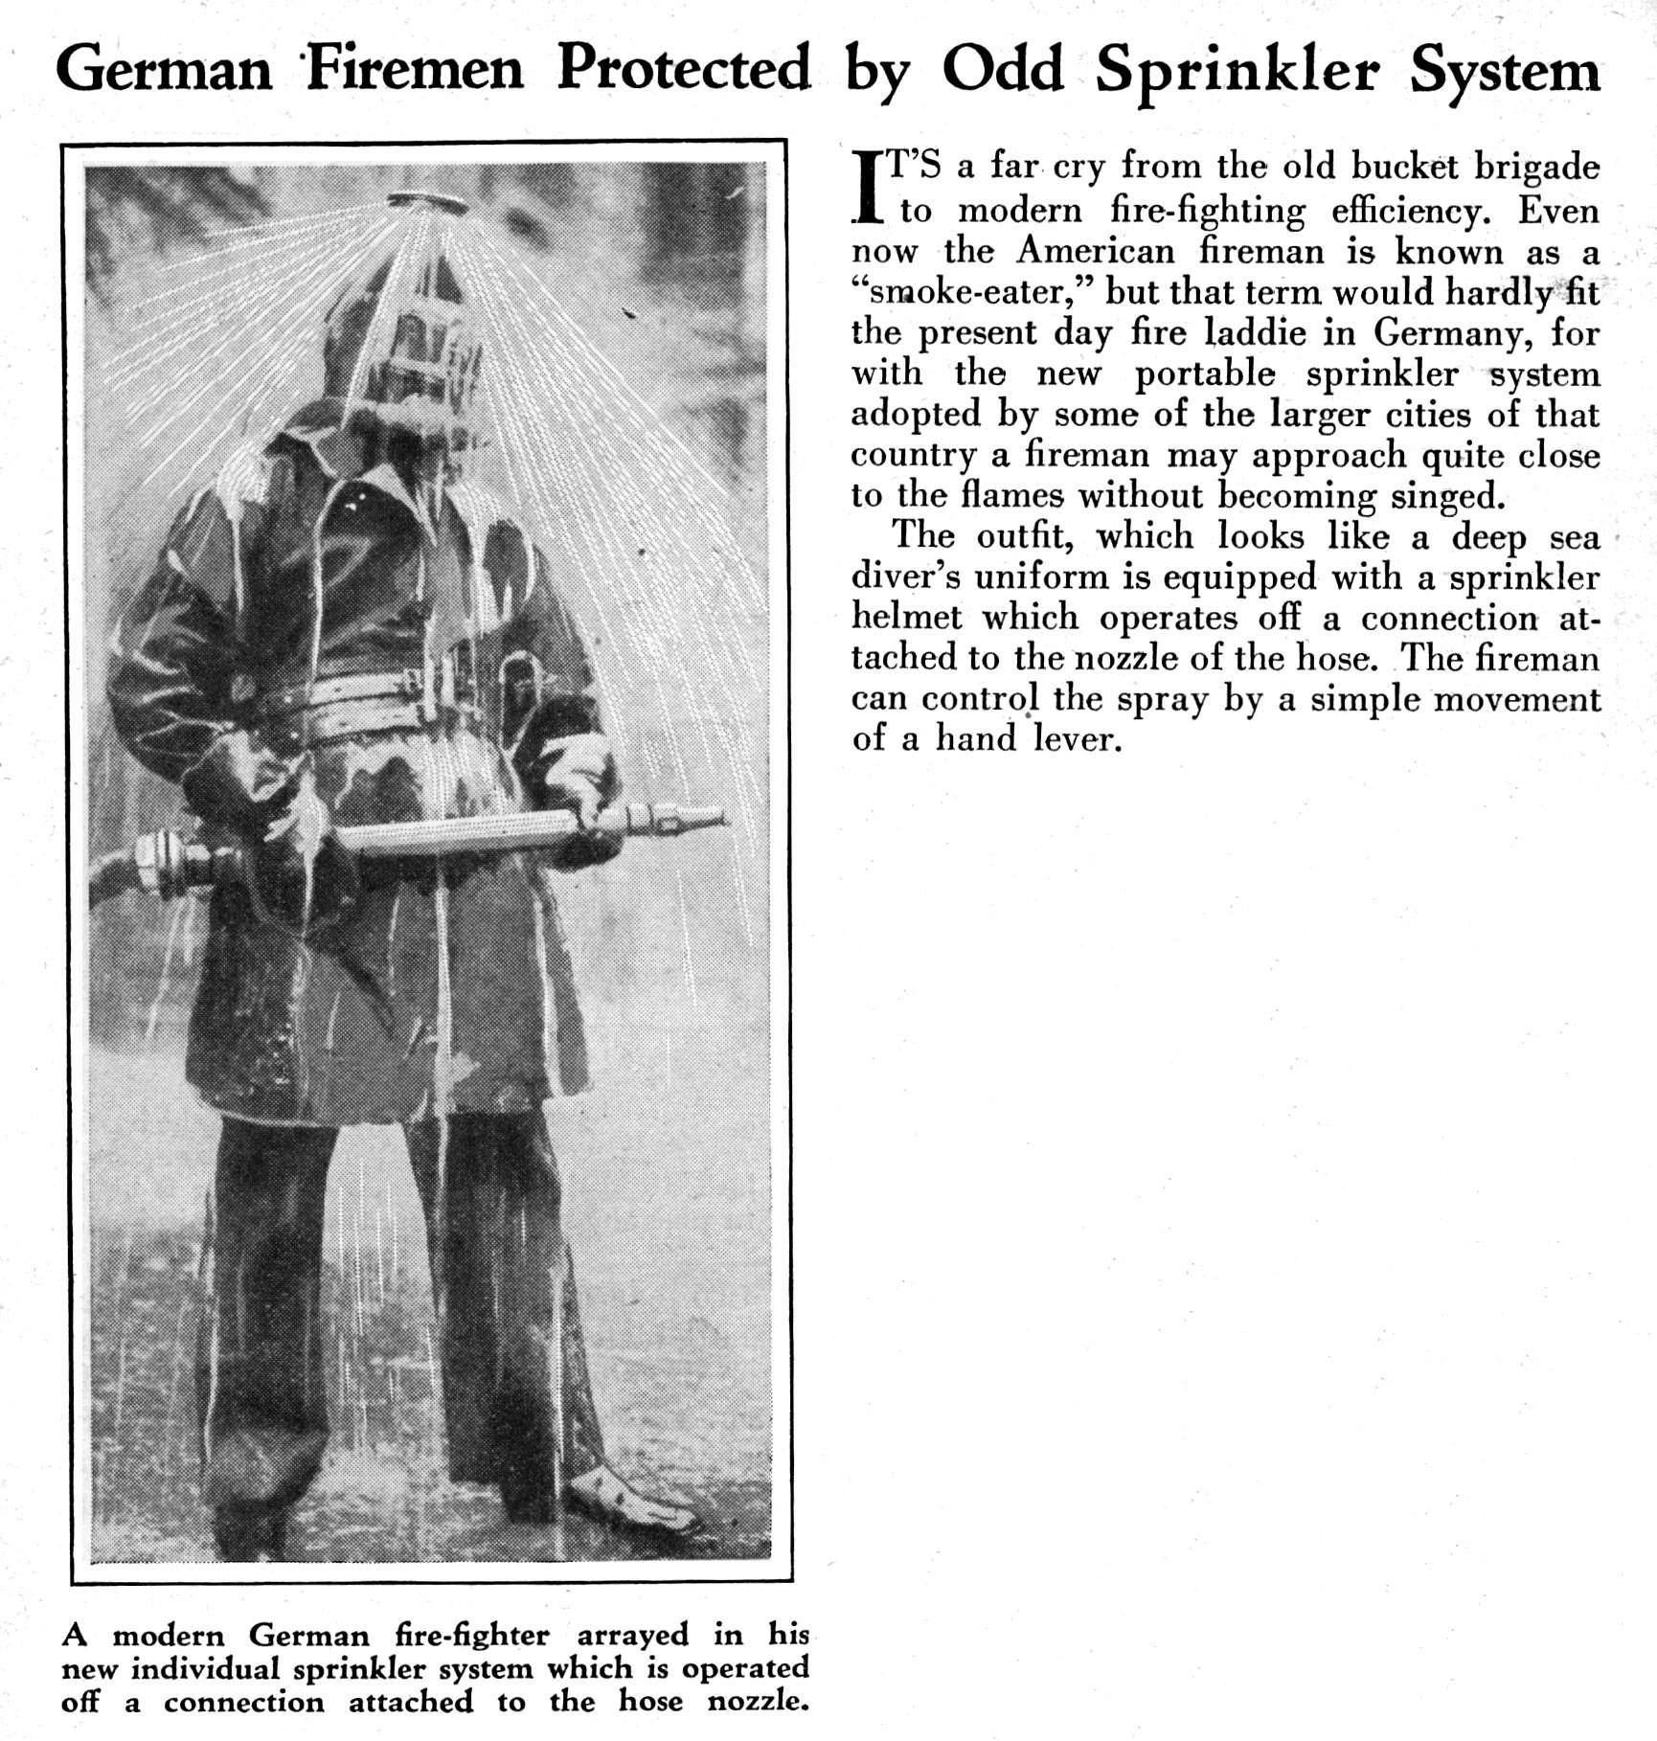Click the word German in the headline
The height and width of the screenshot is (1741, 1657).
(164, 70)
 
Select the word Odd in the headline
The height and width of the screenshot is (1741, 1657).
(1003, 70)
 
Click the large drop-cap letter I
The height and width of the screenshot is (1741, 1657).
(866, 187)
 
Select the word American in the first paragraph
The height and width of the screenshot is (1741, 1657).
(1096, 251)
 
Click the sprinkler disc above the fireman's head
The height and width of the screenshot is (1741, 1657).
(428, 201)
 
